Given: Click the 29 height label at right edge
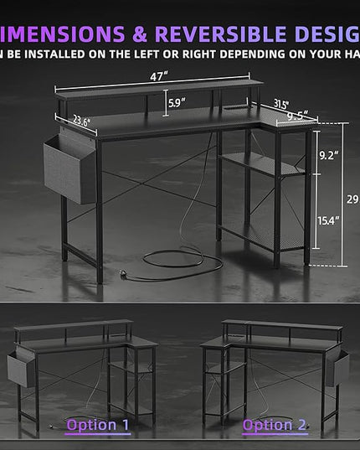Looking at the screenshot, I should point(352,199).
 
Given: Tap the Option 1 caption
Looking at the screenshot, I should point(98,425).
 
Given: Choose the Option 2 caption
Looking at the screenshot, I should point(273,425).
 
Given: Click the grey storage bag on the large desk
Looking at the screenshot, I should point(70,168).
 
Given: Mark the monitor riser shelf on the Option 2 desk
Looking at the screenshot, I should point(281,324).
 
